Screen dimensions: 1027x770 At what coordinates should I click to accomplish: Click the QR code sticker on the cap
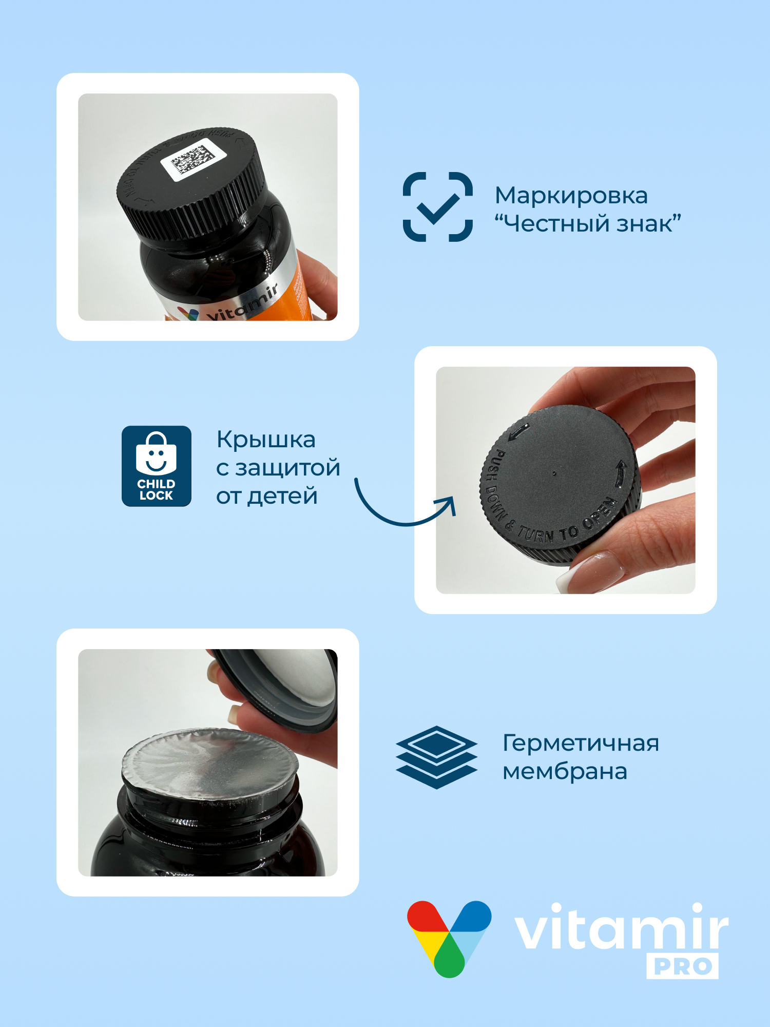point(193,161)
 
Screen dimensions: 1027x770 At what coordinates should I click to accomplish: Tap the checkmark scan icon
point(437,207)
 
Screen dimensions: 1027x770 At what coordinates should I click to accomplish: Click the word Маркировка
point(571,196)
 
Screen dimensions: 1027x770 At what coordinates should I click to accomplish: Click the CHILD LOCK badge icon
point(156,466)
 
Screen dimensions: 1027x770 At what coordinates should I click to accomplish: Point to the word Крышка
point(266,440)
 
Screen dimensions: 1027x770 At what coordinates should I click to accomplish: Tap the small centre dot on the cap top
point(554,473)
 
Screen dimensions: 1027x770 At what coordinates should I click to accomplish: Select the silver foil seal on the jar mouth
point(210,760)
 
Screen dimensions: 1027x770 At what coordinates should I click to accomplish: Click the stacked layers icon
point(436,757)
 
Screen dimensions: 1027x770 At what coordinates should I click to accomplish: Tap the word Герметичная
point(580,743)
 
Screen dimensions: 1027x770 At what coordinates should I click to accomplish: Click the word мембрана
point(565,772)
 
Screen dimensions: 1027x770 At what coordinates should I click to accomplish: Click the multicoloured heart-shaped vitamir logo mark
point(449,937)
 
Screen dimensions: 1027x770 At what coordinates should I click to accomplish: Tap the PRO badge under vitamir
point(682,966)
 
